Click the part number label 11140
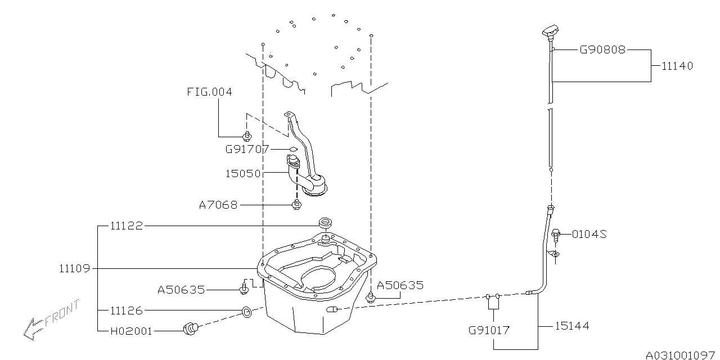pos(677,66)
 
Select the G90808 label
pos(602,49)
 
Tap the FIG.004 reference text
pos(209,92)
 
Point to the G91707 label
pos(247,149)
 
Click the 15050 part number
pos(242,174)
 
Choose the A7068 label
pos(218,205)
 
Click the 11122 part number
pos(127,226)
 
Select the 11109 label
pos(74,268)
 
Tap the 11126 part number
pos(127,310)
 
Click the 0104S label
pos(589,233)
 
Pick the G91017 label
pos(489,330)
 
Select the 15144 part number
pos(572,326)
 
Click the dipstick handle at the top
pos(551,31)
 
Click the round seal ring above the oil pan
pos(325,221)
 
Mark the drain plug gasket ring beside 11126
pos(246,311)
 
